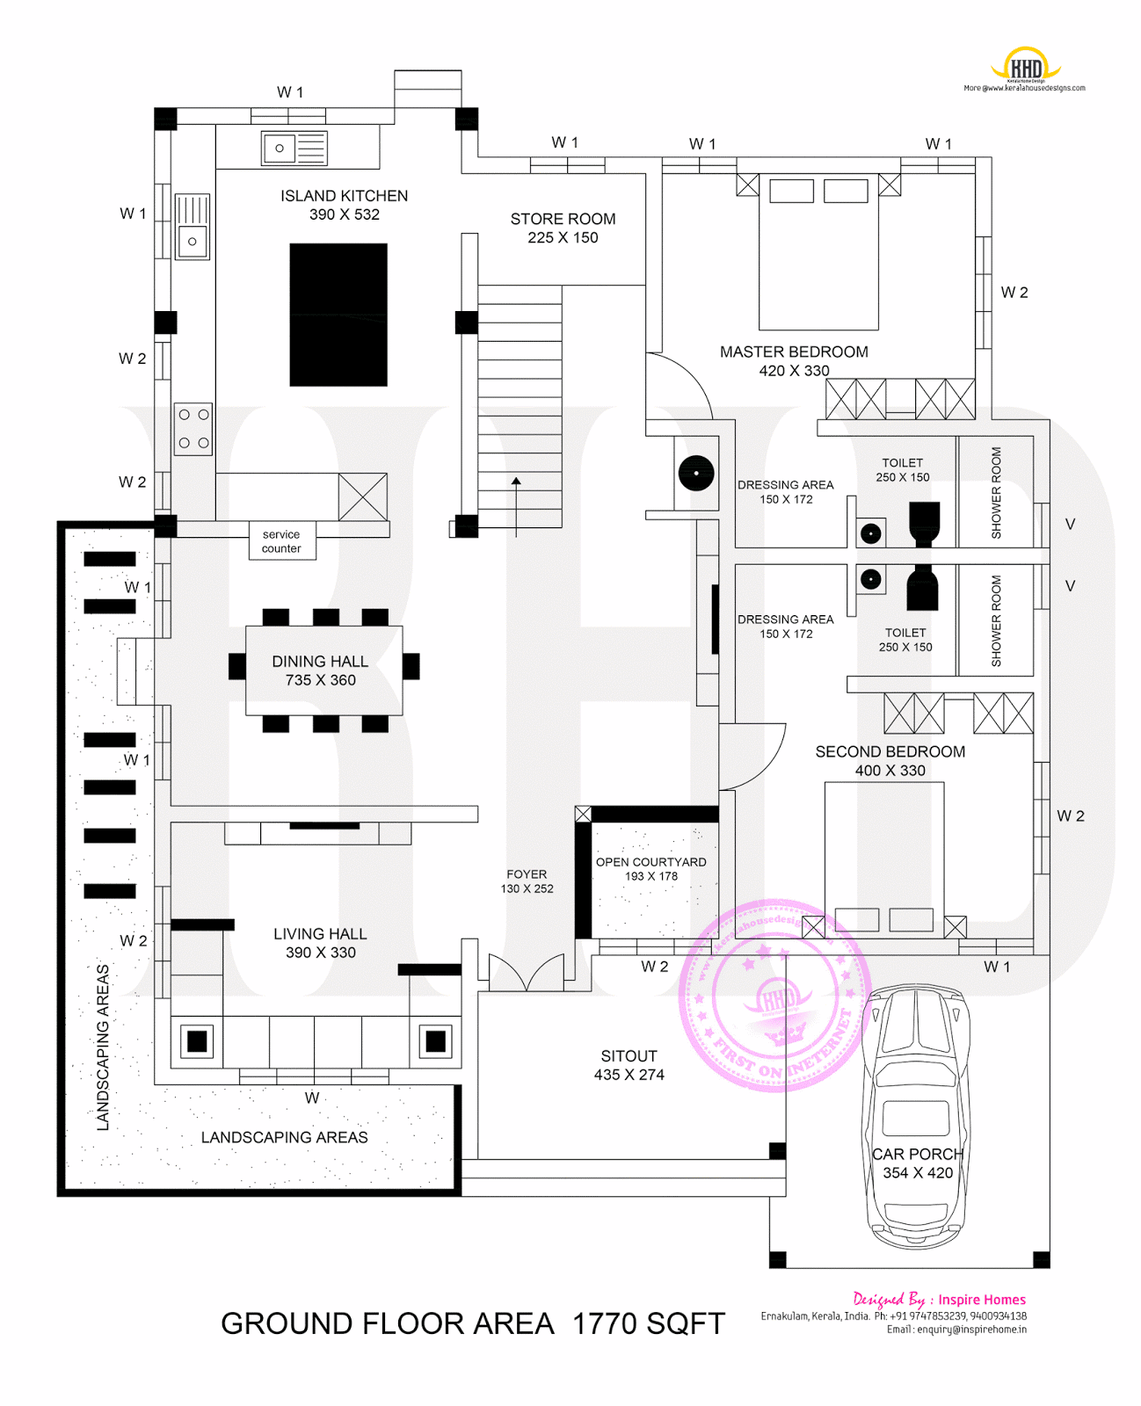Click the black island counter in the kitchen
point(338,315)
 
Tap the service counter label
point(281,541)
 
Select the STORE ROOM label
point(563,220)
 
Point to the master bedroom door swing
point(681,382)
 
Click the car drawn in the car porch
point(917,1116)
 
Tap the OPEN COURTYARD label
point(650,862)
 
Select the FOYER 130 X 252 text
point(527,881)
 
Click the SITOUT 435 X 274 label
point(629,1065)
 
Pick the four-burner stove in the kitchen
point(193,429)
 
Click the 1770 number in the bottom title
point(605,1323)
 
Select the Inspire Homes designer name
point(981,1300)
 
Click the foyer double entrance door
point(526,974)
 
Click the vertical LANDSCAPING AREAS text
point(103,1047)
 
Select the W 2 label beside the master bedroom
point(1014,293)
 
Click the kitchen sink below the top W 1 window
point(294,149)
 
